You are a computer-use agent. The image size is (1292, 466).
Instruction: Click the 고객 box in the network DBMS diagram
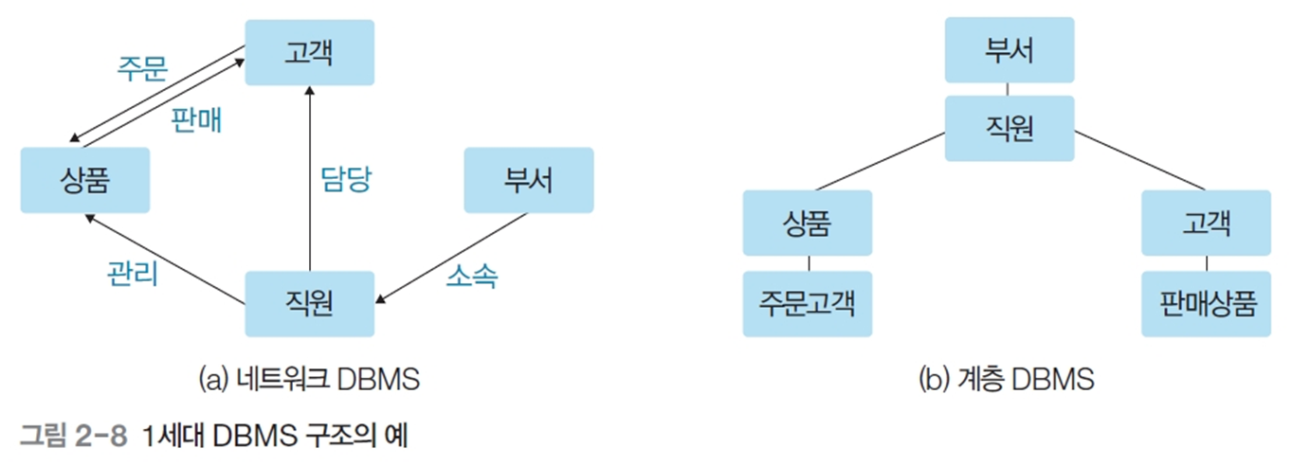point(309,52)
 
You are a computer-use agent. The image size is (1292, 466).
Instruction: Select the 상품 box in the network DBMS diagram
point(84,179)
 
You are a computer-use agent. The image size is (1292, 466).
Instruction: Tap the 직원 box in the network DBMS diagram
point(309,303)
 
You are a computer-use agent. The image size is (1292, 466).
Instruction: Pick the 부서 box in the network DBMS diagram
point(528,179)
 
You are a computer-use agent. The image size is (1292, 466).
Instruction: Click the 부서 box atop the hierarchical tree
point(1009,49)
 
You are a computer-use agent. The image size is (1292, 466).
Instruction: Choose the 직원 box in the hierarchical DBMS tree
point(1009,128)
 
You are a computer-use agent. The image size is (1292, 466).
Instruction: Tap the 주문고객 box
point(807,304)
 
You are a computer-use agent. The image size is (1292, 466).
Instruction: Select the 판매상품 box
point(1206,304)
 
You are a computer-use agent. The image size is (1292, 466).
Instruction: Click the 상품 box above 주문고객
point(807,223)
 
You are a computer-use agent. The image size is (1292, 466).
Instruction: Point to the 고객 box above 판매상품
point(1206,223)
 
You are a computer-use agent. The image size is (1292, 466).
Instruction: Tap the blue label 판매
point(196,119)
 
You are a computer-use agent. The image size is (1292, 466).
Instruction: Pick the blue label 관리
point(134,274)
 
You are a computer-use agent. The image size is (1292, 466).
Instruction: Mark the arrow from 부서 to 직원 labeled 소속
point(453,258)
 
